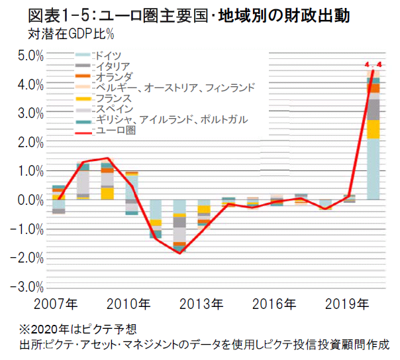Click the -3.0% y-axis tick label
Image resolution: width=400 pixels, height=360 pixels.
(x=28, y=287)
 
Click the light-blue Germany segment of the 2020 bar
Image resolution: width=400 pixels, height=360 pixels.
(x=373, y=169)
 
